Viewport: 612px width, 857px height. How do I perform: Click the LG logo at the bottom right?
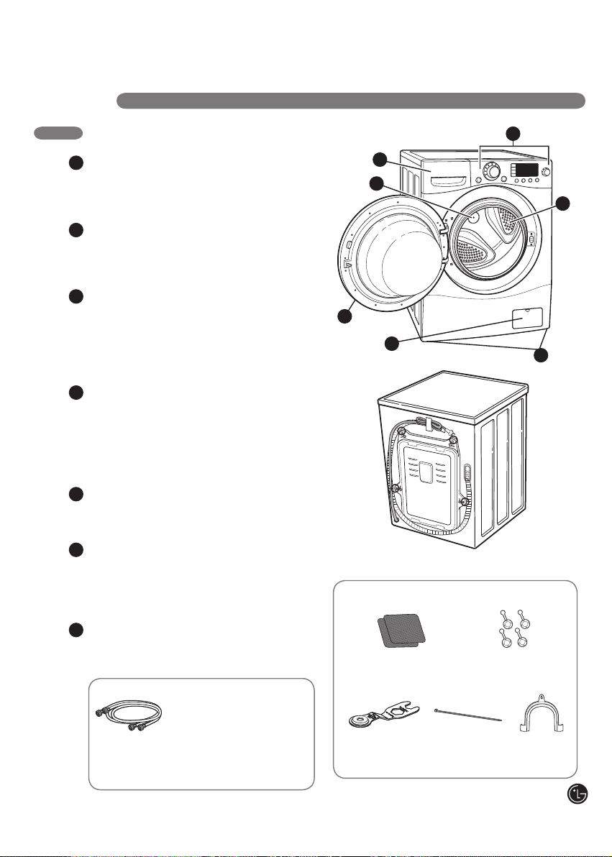pyautogui.click(x=577, y=794)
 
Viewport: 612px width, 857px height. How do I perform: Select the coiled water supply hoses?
pyautogui.click(x=129, y=715)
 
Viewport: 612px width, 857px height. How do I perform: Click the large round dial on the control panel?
pyautogui.click(x=493, y=172)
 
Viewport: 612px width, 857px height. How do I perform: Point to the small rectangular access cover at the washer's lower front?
pyautogui.click(x=527, y=318)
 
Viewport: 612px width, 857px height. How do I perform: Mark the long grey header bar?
pyautogui.click(x=351, y=101)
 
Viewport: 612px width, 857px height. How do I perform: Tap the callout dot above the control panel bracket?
pyautogui.click(x=513, y=133)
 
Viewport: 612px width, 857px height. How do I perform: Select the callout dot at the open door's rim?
pyautogui.click(x=344, y=316)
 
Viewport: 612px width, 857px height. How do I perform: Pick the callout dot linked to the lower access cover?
pyautogui.click(x=391, y=343)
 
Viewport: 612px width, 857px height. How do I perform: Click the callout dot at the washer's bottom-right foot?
pyautogui.click(x=541, y=355)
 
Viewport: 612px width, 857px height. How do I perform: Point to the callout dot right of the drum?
pyautogui.click(x=563, y=203)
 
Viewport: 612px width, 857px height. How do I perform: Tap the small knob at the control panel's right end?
pyautogui.click(x=545, y=172)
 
